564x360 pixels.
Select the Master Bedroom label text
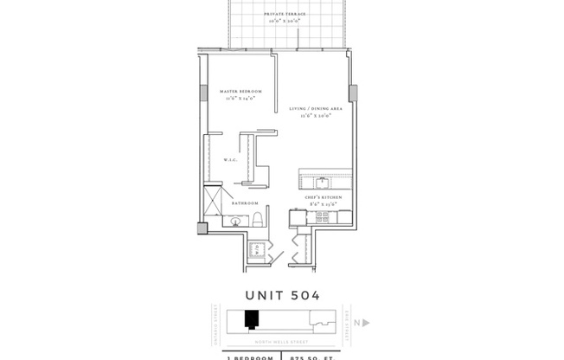(240, 91)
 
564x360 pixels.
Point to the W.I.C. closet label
(231, 160)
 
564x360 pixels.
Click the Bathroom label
(244, 202)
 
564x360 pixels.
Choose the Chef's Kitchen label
(322, 197)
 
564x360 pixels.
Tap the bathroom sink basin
(235, 222)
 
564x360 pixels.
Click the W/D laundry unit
(256, 251)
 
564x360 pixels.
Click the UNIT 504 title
(282, 296)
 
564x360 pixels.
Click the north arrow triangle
(366, 323)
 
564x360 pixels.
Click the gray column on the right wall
(353, 92)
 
